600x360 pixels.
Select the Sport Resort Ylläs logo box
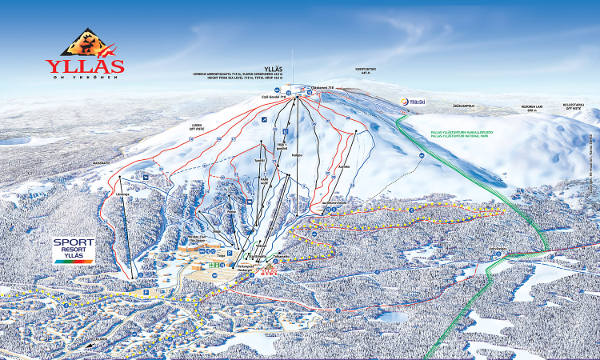point(74,249)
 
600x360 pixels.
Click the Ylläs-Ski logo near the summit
point(415,100)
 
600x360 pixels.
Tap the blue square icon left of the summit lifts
point(263,119)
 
